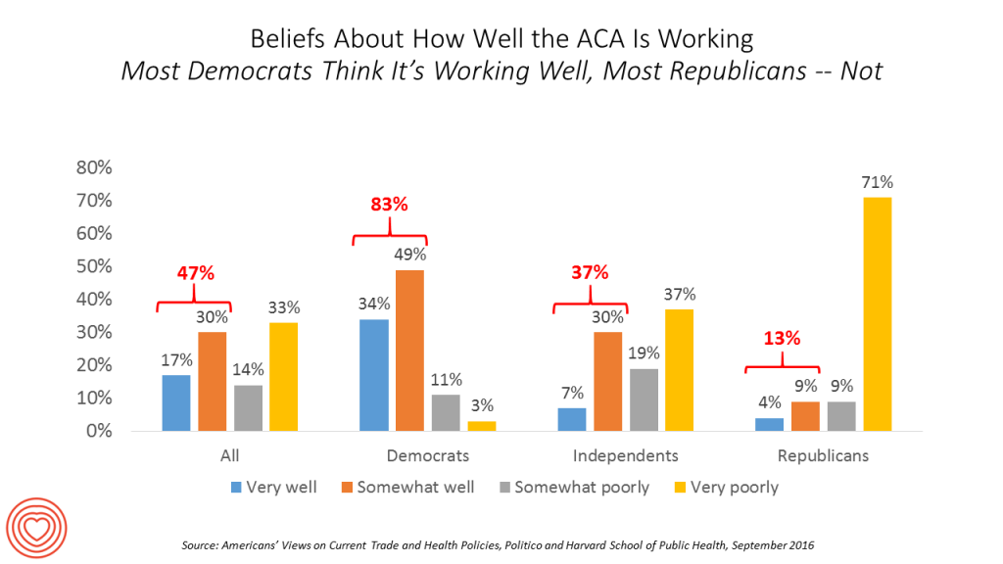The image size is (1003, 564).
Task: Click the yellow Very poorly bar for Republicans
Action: pos(877,313)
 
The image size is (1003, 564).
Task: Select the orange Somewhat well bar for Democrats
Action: pos(410,350)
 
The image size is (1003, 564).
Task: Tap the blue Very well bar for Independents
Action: pos(571,419)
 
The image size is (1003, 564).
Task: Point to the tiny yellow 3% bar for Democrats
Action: pos(482,426)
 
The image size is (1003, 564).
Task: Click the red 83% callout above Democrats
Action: pos(389,206)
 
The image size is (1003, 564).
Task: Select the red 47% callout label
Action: pos(195,273)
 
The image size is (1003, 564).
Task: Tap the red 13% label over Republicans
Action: pos(782,340)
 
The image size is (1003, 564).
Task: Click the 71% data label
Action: pos(877,182)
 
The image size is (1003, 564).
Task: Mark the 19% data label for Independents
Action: pos(643,352)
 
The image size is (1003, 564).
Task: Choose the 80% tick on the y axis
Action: pos(94,167)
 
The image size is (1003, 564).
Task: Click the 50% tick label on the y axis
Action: pos(94,266)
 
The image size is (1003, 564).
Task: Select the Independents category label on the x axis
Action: pos(624,455)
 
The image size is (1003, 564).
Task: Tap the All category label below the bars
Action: pos(230,455)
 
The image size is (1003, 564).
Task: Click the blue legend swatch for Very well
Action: pos(236,487)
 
